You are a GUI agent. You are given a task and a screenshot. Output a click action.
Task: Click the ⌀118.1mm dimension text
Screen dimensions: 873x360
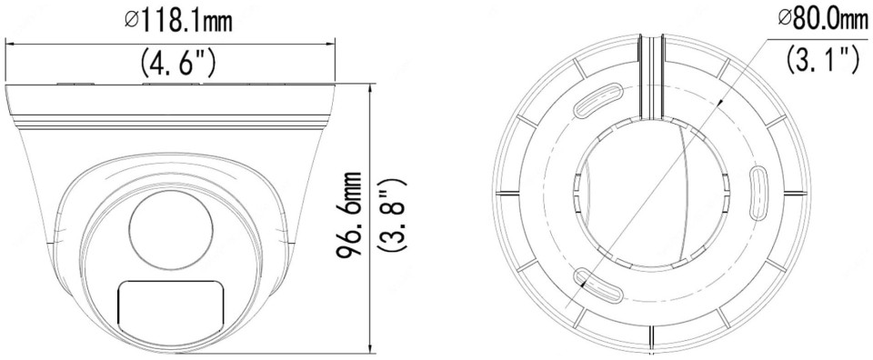[178, 21]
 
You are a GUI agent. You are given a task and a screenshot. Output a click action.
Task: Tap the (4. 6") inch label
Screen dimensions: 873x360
[178, 63]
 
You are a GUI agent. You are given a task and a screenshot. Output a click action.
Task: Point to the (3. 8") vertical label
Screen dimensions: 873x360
[392, 214]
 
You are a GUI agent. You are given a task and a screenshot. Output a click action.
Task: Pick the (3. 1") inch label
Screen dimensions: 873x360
[823, 58]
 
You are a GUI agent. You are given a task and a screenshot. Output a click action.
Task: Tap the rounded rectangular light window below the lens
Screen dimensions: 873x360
[171, 309]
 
